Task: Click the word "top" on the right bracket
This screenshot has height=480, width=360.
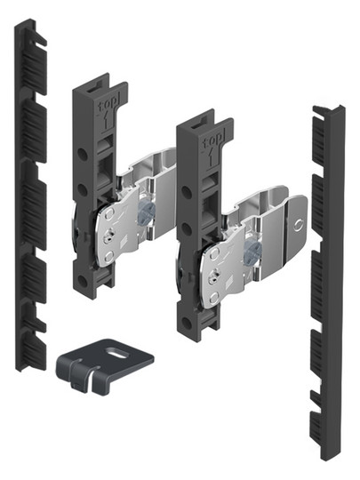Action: pos(212,140)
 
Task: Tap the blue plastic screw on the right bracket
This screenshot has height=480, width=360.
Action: pos(252,251)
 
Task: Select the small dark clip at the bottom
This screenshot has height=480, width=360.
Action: pos(104,364)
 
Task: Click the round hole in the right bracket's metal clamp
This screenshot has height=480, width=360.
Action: pos(298,226)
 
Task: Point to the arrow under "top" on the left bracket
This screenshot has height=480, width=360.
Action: pos(105,121)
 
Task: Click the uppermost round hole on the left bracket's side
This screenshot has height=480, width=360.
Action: pos(83,154)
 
